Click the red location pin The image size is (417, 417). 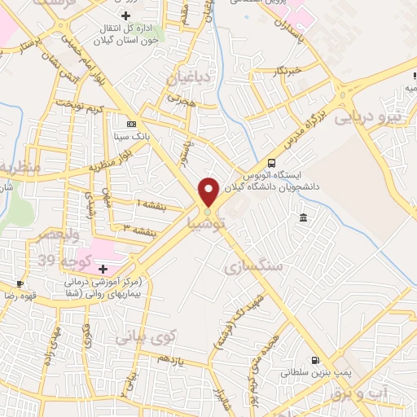208,191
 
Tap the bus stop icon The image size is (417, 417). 272,162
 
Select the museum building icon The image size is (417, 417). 303,217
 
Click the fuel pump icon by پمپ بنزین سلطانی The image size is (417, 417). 314,360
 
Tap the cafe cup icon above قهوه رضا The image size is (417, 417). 20,284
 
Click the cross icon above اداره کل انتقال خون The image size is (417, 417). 125,15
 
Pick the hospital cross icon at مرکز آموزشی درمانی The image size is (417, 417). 103,269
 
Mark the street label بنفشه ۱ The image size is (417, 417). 151,204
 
